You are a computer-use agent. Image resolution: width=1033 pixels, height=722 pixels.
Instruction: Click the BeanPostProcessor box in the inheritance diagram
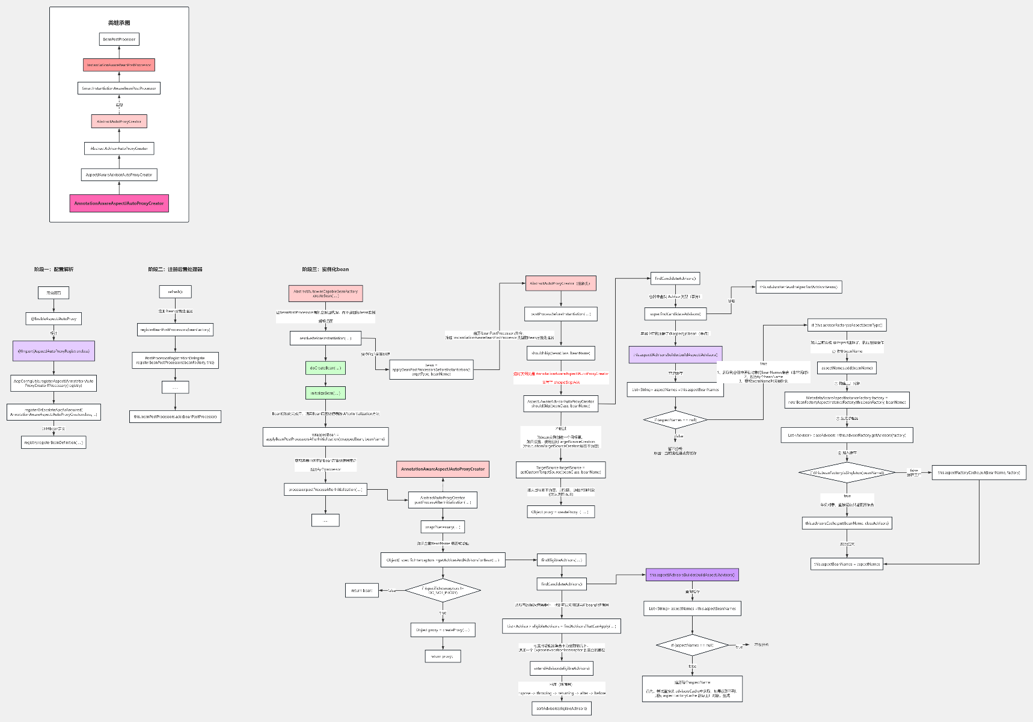pyautogui.click(x=119, y=39)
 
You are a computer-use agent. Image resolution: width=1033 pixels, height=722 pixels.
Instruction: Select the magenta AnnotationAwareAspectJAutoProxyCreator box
pyautogui.click(x=119, y=203)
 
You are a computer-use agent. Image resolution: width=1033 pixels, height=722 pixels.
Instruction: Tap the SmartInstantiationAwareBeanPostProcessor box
pyautogui.click(x=119, y=88)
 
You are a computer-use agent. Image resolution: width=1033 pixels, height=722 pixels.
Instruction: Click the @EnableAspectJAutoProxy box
pyautogui.click(x=54, y=319)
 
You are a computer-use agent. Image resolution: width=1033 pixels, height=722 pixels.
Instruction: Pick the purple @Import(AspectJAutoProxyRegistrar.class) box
pyautogui.click(x=54, y=351)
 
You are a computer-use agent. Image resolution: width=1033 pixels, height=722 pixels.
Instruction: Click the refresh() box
pyautogui.click(x=175, y=292)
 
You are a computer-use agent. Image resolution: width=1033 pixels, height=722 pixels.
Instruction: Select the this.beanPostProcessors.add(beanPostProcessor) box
pyautogui.click(x=176, y=416)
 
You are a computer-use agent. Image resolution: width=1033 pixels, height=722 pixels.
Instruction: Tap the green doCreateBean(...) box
pyautogui.click(x=325, y=368)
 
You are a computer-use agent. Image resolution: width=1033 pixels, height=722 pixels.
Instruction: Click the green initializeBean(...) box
pyautogui.click(x=325, y=393)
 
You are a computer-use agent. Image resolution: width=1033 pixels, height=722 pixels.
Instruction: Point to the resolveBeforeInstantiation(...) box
pyautogui.click(x=325, y=338)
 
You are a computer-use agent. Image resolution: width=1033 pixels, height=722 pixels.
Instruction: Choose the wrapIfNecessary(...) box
pyautogui.click(x=443, y=527)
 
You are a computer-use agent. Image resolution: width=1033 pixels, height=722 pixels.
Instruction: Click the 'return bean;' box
pyautogui.click(x=362, y=590)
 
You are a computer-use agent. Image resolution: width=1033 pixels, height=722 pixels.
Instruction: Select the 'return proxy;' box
pyautogui.click(x=443, y=656)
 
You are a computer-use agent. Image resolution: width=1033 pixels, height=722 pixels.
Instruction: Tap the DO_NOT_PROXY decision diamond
pyautogui.click(x=443, y=590)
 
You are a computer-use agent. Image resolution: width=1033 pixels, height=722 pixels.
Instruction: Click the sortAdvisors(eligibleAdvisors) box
pyautogui.click(x=562, y=708)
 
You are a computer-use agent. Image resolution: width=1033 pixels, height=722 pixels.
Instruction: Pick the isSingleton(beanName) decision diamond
pyautogui.click(x=847, y=473)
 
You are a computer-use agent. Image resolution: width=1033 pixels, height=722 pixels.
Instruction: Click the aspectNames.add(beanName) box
pyautogui.click(x=847, y=368)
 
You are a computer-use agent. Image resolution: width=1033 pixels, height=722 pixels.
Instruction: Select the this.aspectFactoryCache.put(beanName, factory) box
pyautogui.click(x=979, y=472)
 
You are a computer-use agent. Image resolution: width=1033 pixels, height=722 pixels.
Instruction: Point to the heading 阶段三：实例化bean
pyautogui.click(x=325, y=270)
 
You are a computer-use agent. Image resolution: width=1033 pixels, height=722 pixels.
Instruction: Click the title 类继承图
pyautogui.click(x=119, y=23)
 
